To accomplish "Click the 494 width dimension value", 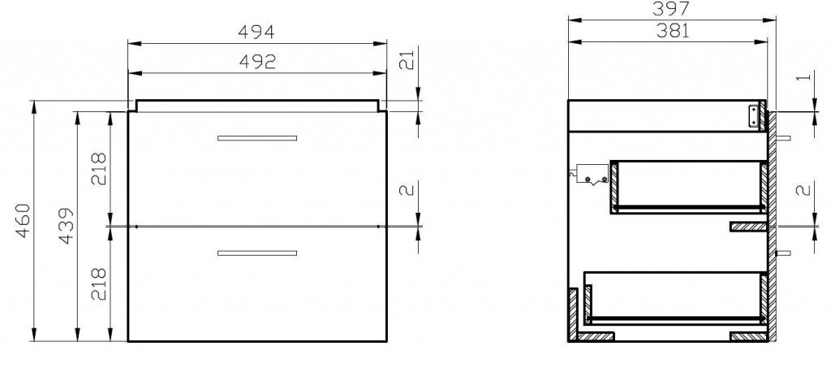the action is click(256, 32).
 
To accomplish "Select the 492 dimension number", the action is click(257, 62).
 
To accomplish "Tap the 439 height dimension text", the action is click(67, 226).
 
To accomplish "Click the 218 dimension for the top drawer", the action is click(99, 169).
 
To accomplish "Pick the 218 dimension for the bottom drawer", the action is click(99, 284).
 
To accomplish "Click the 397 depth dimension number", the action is click(670, 8).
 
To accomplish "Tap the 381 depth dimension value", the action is click(673, 32).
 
